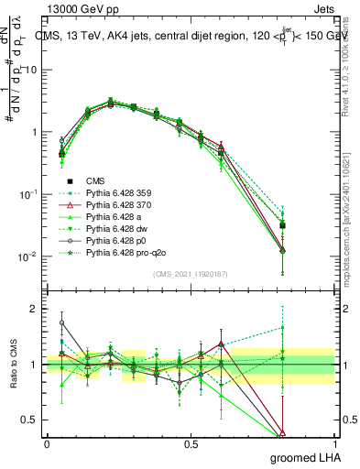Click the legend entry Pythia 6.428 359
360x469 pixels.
coord(119,193)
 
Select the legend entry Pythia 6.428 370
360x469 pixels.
coord(119,205)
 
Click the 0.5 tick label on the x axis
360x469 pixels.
coord(191,444)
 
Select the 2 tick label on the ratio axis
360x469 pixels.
coord(35,309)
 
